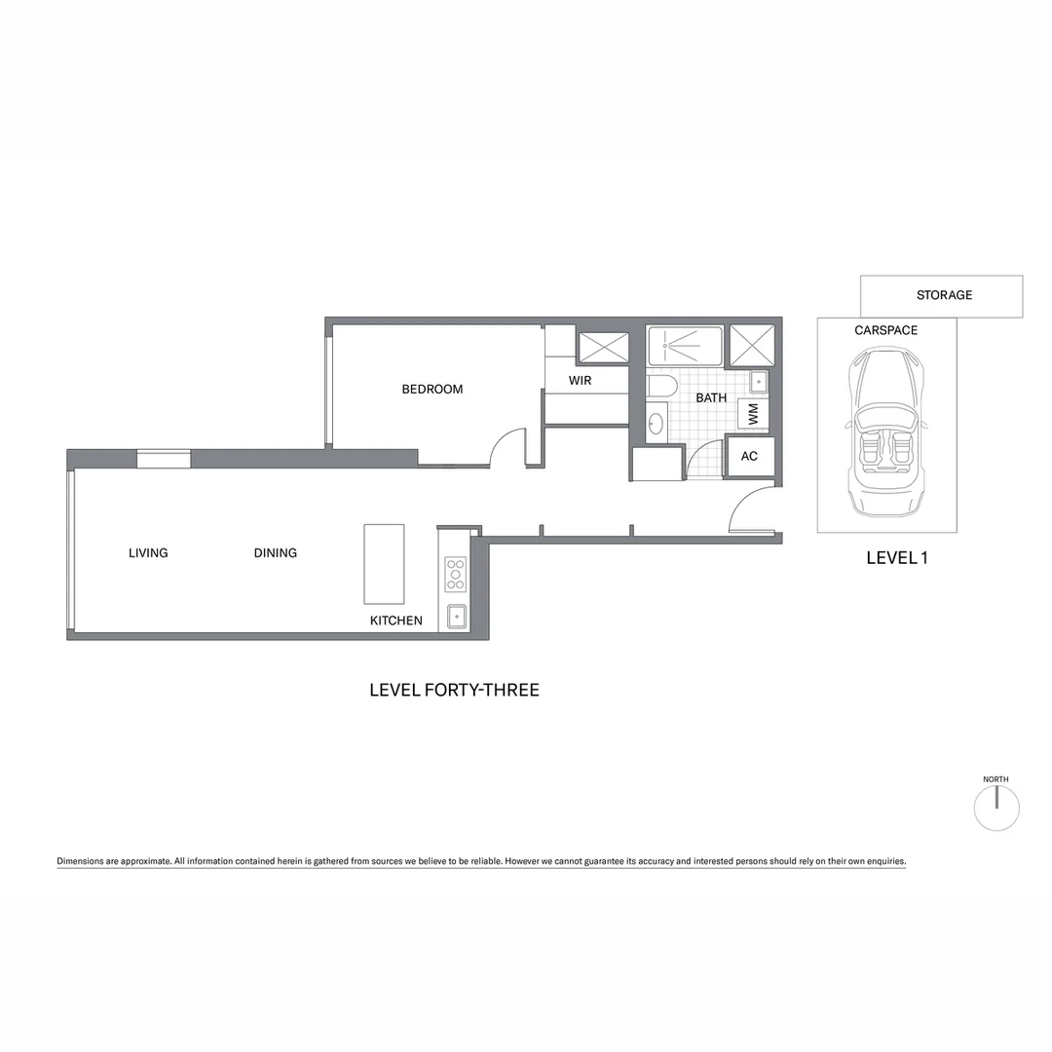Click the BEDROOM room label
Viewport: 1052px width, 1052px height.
432,390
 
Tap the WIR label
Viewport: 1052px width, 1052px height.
581,380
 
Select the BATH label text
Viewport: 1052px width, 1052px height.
711,397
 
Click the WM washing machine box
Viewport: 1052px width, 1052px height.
753,414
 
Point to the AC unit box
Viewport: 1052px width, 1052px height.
749,456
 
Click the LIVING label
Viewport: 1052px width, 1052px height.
148,553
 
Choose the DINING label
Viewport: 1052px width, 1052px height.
276,553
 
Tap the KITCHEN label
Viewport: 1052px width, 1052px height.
395,620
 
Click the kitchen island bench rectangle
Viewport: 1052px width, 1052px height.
384,564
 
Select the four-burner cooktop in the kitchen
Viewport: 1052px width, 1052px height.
455,574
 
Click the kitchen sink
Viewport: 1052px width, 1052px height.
456,617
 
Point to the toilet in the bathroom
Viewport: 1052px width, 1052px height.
658,387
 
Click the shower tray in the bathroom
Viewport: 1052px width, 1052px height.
685,345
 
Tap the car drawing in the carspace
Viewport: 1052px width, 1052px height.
885,433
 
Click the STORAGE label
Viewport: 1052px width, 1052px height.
944,295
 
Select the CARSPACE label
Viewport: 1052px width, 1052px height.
885,330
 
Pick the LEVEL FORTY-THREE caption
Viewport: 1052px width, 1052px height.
454,690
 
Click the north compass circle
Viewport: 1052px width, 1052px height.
996,808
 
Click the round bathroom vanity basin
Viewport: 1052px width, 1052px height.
657,424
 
